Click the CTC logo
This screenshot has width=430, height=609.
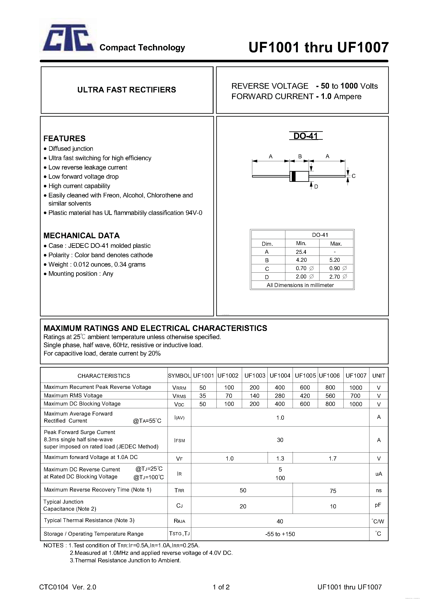(68, 38)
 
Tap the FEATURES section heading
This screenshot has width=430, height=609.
(65, 139)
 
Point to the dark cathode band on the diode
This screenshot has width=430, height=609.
(293, 176)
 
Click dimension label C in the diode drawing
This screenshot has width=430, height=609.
(353, 176)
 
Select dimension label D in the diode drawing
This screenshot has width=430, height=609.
(316, 187)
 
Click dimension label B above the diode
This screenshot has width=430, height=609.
(300, 156)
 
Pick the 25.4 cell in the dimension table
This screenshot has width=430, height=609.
(301, 252)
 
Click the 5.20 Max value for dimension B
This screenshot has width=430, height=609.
(334, 260)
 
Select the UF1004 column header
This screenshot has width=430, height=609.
(280, 376)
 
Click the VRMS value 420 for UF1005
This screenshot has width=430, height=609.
(305, 396)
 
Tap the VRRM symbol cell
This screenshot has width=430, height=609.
(179, 388)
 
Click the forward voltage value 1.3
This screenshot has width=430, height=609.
(280, 459)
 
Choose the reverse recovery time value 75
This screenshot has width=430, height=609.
(333, 491)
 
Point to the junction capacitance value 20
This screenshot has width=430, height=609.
(243, 506)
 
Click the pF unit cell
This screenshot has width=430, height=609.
(378, 505)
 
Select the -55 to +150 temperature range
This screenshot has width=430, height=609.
(280, 534)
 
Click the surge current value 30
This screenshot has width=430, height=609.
(280, 440)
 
